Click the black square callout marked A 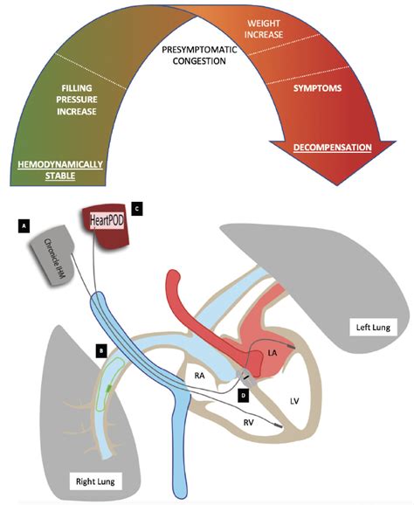click(x=25, y=225)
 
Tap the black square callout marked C click(x=135, y=208)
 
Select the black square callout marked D click(x=242, y=395)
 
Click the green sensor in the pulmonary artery click(x=107, y=388)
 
